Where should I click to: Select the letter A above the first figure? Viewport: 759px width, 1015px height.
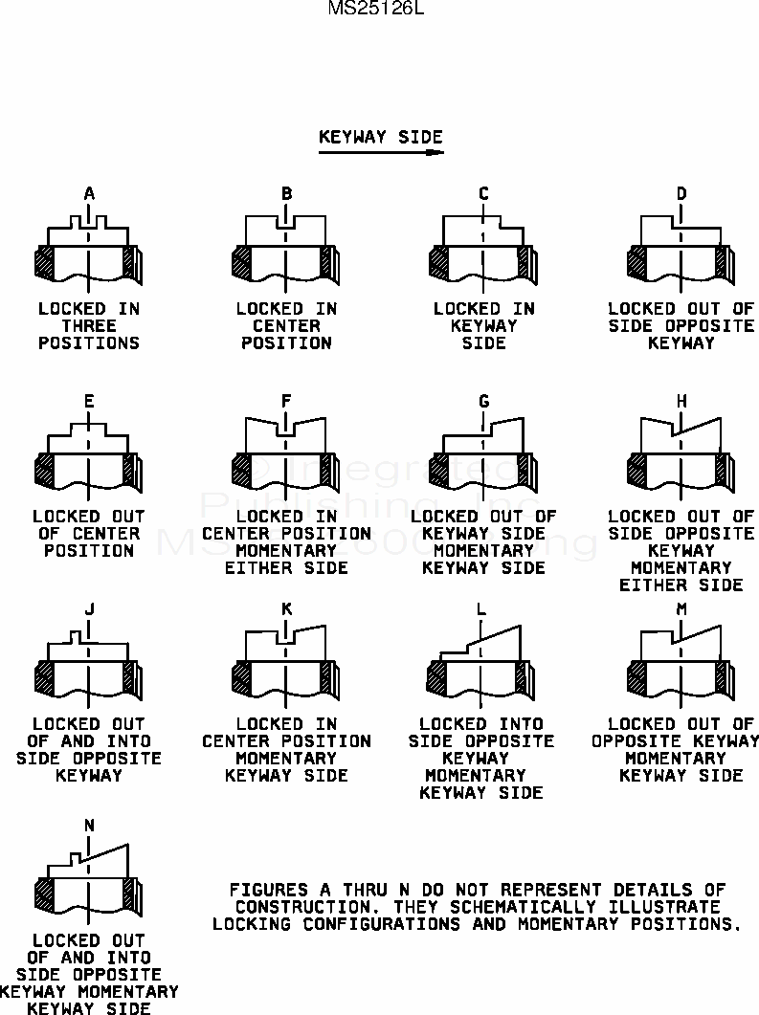tap(89, 193)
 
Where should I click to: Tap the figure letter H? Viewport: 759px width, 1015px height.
tap(681, 401)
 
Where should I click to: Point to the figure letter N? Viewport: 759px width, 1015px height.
tap(89, 826)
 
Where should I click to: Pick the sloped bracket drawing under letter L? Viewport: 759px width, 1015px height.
tap(481, 660)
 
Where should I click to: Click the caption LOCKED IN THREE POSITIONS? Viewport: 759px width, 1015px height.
tap(89, 326)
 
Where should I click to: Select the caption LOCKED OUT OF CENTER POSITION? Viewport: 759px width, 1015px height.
tap(89, 533)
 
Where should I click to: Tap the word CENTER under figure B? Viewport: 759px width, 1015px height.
tap(286, 326)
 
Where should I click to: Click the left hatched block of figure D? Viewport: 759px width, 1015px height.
tap(636, 264)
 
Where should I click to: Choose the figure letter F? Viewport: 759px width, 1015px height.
tap(286, 401)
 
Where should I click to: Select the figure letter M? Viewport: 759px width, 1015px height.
tap(681, 608)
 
